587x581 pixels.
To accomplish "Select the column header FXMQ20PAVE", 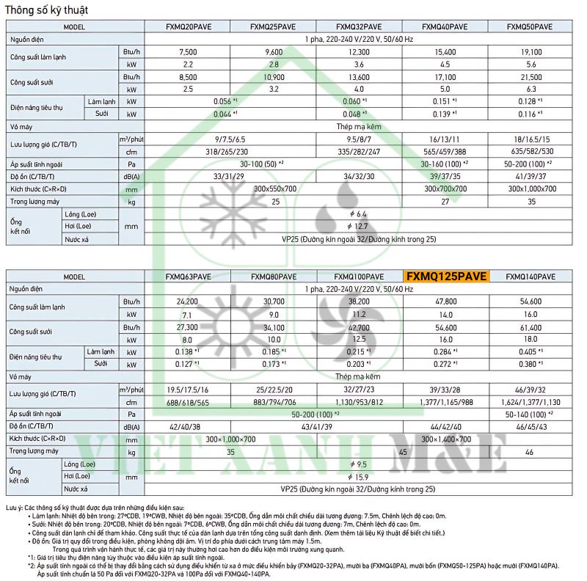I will point(188,26).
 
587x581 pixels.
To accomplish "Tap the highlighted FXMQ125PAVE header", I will point(445,277).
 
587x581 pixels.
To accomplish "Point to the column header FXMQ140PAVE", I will point(531,277).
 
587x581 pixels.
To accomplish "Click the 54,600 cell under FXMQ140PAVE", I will point(531,302).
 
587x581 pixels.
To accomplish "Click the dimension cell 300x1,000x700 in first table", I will point(529,189).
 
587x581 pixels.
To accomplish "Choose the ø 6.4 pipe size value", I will point(360,213).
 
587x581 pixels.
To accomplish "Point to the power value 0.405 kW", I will point(531,351).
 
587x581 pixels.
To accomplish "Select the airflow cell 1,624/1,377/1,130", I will point(531,401).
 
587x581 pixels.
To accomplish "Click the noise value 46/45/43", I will point(531,426).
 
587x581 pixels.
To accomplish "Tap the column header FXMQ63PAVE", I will point(188,277).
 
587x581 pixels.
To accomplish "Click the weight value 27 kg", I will point(445,201).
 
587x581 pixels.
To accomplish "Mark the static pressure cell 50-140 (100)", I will point(531,414).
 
